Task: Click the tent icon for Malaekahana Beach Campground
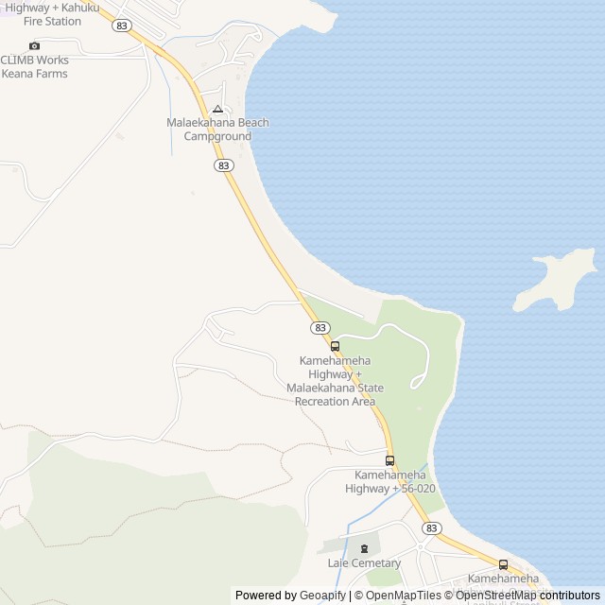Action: point(217,109)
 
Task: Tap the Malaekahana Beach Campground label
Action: point(217,130)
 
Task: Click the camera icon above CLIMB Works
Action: point(35,45)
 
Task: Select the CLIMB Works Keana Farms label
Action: point(34,66)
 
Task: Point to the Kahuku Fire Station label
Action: point(52,13)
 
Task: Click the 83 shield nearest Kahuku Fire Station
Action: point(121,26)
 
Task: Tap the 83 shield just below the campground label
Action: point(223,165)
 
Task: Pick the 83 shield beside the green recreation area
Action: point(320,327)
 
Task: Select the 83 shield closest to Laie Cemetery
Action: point(432,528)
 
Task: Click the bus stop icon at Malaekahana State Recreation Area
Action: point(335,347)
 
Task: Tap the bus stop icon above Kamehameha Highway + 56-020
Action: point(389,460)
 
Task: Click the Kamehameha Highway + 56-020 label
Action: point(390,481)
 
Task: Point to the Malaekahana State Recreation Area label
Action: point(336,381)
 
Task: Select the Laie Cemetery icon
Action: point(365,549)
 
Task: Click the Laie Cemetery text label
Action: point(365,563)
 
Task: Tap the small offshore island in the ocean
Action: point(558,279)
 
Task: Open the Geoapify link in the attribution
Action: point(323,596)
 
